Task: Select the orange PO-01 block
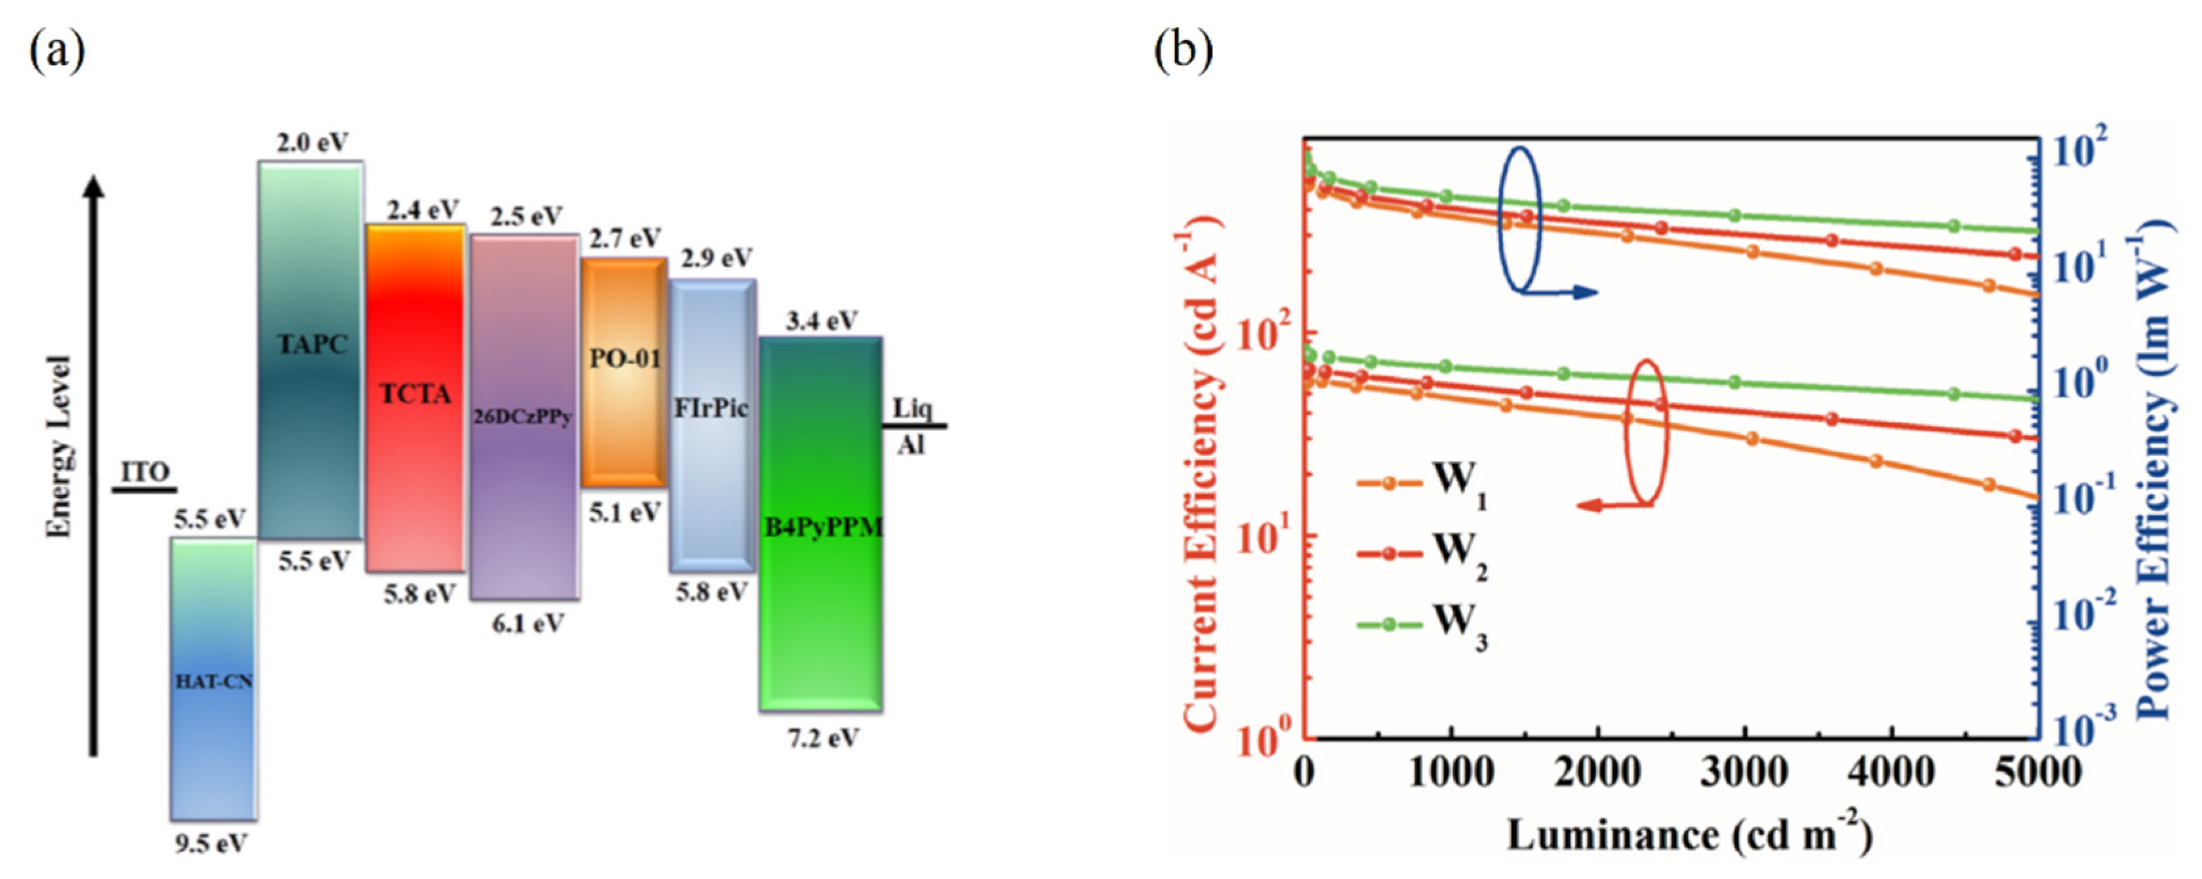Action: pyautogui.click(x=624, y=373)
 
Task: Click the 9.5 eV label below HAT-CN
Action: pyautogui.click(x=210, y=844)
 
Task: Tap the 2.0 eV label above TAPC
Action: pyautogui.click(x=312, y=141)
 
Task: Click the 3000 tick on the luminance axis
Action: pyautogui.click(x=1744, y=773)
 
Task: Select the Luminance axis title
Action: pyautogui.click(x=1689, y=835)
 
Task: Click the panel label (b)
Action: pyautogui.click(x=1183, y=53)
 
